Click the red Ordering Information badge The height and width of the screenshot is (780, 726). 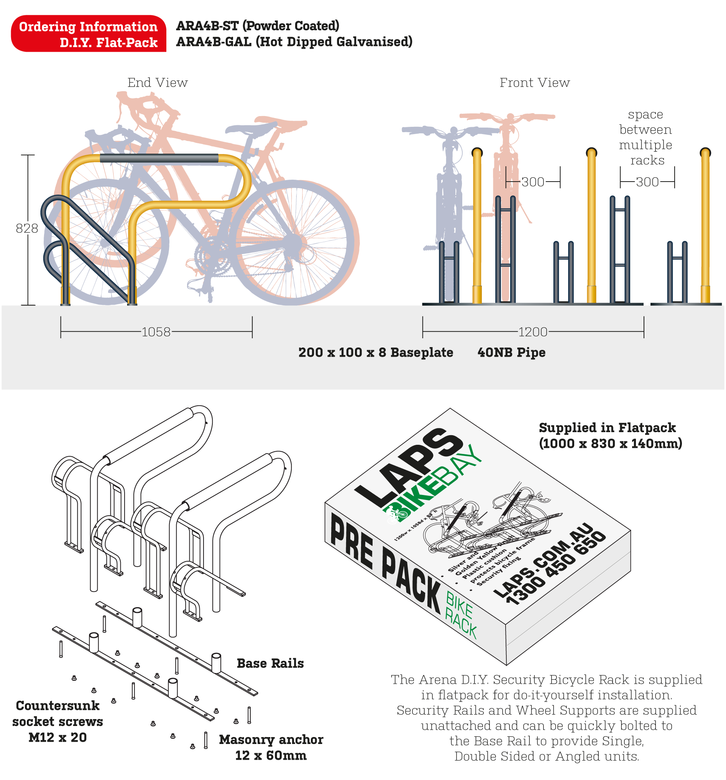coord(88,34)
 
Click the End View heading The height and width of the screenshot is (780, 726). coord(158,83)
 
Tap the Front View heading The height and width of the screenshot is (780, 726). coord(534,83)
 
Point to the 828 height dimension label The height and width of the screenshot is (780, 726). coord(27,228)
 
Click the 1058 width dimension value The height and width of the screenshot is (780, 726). coord(156,332)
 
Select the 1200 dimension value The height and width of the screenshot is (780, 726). coord(532,332)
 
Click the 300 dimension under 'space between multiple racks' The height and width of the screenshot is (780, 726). coord(647,182)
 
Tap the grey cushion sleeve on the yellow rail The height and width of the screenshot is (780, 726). coord(159,158)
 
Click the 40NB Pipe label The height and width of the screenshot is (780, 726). coord(511,352)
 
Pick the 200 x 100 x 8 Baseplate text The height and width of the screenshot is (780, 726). coord(375,352)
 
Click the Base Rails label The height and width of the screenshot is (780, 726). coord(270,663)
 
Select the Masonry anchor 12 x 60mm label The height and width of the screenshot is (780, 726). coord(271,747)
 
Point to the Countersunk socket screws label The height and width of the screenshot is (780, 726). coord(58,721)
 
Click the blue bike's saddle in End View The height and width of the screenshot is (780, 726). coord(251,128)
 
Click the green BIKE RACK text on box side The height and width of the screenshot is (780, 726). coord(460,616)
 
